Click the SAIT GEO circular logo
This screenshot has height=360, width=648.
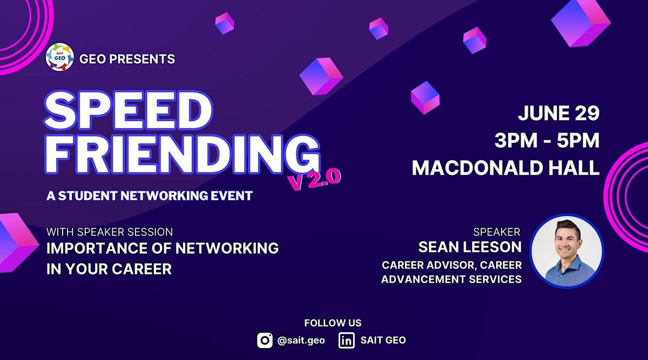[x=59, y=58]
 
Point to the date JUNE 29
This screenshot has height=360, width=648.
[x=559, y=113]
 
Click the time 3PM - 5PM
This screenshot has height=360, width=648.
[x=547, y=140]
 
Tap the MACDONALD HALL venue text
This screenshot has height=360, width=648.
[x=505, y=167]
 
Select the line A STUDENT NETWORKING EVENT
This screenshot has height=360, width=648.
[x=150, y=196]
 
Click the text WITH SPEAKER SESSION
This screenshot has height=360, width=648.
[x=110, y=232]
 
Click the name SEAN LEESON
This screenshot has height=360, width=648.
[x=470, y=247]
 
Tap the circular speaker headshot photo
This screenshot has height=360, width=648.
[x=566, y=251]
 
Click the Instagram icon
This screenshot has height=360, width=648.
[x=265, y=340]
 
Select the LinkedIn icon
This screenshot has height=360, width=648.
[x=346, y=340]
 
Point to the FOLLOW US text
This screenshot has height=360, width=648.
[x=333, y=323]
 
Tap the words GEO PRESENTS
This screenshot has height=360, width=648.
[x=127, y=59]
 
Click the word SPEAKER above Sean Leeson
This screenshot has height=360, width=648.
[x=496, y=232]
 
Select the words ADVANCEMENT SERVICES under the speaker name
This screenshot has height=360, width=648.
[x=451, y=279]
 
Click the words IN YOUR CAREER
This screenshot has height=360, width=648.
[x=109, y=269]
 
